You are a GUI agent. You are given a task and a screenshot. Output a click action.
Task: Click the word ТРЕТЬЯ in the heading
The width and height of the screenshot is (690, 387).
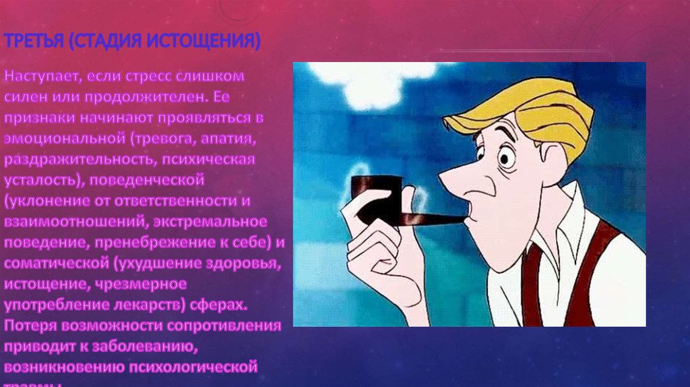coord(32,42)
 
